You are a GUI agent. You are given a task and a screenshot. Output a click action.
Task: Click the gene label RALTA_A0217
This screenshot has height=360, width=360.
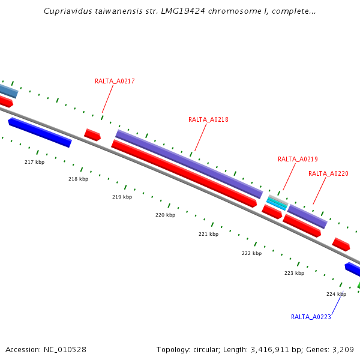[115, 81]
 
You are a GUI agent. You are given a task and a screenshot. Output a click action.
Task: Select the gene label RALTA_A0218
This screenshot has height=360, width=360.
[208, 119]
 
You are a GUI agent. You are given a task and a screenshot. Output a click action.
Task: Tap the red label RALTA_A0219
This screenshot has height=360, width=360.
[298, 159]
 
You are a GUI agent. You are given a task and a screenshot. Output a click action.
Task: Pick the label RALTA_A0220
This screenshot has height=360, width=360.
[328, 173]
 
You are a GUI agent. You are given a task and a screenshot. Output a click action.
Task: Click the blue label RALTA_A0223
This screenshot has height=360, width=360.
[311, 317]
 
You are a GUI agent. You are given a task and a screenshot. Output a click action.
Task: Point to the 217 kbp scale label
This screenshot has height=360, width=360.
[34, 163]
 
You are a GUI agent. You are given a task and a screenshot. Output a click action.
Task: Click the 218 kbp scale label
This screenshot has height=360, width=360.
[78, 179]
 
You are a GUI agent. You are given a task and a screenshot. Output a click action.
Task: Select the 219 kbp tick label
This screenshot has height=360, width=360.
[122, 197]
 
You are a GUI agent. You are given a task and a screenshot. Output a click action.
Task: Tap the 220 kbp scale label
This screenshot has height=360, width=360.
[165, 215]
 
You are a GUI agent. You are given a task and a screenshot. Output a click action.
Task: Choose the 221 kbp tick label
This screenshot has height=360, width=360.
[208, 234]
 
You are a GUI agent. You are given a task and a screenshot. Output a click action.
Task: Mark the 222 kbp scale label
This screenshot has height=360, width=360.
[251, 253]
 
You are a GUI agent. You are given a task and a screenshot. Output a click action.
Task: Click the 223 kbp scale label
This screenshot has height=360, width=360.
[294, 273]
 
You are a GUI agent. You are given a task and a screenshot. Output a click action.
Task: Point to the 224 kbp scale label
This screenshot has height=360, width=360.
[336, 294]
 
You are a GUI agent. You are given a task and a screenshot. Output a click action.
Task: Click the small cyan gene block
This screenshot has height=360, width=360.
[277, 203]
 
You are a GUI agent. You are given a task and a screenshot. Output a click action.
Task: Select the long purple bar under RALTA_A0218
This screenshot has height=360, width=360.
[189, 164]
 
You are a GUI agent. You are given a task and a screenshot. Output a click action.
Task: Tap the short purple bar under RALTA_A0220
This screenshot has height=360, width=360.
[307, 216]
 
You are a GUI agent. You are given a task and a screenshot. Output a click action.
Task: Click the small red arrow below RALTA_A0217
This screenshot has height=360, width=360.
[92, 134]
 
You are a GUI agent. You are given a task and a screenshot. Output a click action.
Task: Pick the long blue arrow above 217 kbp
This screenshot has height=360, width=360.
[40, 132]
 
